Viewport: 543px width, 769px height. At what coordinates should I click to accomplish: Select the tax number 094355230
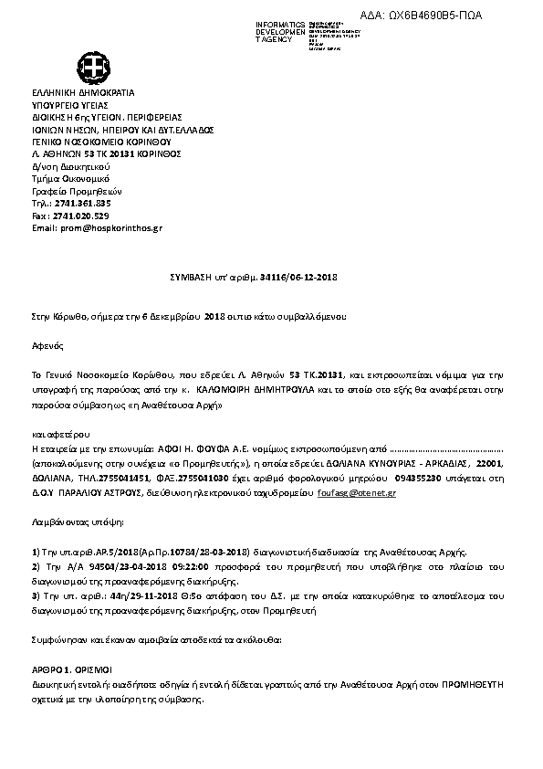pos(419,477)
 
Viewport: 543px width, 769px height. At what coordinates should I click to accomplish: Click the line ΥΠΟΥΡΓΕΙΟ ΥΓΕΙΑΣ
pos(70,105)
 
